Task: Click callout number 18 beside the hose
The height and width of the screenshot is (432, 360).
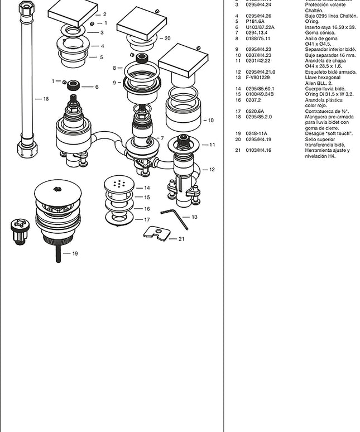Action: [46, 99]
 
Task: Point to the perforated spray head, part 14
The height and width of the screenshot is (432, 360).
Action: [119, 184]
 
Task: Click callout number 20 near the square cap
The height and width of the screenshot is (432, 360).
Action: [167, 39]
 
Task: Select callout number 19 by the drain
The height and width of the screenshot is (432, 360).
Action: [75, 253]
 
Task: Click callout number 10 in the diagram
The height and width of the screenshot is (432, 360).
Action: [210, 120]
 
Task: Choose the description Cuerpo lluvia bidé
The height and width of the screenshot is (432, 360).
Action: [325, 89]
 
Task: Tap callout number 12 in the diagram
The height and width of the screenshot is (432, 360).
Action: [212, 170]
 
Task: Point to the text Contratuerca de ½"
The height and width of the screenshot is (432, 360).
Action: [327, 111]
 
